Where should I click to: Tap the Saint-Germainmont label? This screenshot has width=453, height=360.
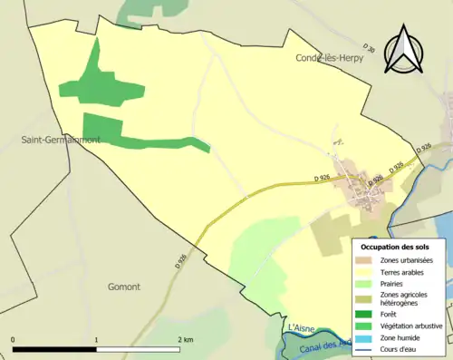pos(61,140)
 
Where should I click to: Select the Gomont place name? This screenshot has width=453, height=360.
pos(123,287)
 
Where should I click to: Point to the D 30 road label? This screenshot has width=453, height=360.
pos(368,45)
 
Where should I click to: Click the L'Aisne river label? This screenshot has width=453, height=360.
pos(300,326)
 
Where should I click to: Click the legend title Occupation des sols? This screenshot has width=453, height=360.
pos(395,247)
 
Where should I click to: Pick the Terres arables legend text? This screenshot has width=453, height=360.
pos(407,271)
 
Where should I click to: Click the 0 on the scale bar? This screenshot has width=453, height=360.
pos(13,339)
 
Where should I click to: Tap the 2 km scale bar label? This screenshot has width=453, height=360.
pos(186,339)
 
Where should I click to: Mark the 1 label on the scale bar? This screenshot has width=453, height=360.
pos(97,339)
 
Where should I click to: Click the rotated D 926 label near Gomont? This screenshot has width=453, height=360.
pos(182,258)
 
